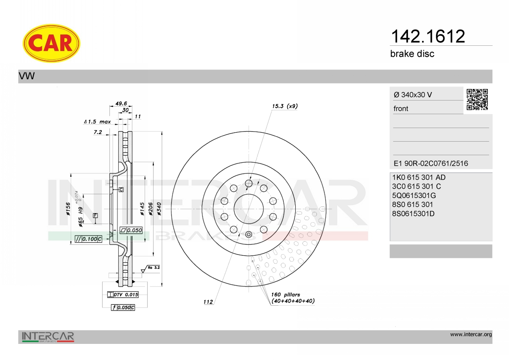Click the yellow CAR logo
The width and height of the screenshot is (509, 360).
[51, 43]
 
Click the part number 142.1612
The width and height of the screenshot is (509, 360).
[428, 36]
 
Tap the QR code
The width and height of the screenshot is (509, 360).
[477, 100]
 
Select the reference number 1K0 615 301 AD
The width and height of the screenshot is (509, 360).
[419, 177]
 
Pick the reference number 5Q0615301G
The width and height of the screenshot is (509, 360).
[414, 195]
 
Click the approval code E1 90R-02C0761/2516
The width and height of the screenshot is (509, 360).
[431, 163]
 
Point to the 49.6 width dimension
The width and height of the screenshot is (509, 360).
[121, 103]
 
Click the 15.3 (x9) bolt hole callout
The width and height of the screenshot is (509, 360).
[285, 106]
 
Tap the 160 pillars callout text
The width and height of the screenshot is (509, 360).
[285, 295]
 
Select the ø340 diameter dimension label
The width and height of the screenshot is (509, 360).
[159, 209]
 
